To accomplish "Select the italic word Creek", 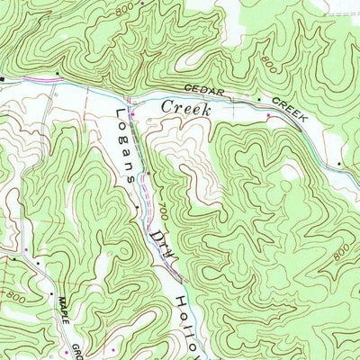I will point(185,108).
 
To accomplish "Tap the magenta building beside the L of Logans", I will point(133,113).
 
